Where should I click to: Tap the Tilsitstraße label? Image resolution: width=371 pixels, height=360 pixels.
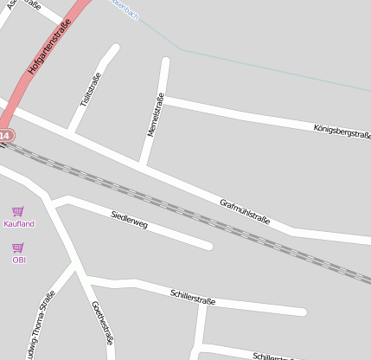tap(91, 90)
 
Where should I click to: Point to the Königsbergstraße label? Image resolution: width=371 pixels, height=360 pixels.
tap(342, 131)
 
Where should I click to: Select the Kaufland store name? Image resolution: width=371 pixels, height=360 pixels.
tap(19, 224)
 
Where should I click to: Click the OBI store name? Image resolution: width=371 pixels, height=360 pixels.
tap(19, 259)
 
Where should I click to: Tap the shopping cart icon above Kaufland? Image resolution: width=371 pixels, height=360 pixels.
tap(18, 211)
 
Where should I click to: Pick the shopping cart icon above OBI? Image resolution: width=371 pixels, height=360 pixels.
tap(18, 247)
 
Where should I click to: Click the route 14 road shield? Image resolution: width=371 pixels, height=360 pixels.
tap(5, 136)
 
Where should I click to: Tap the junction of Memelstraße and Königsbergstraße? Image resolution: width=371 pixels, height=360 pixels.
tap(162, 101)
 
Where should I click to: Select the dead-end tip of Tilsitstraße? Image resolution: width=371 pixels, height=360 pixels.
tap(114, 48)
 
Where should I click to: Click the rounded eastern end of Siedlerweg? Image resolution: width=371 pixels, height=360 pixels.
tap(208, 246)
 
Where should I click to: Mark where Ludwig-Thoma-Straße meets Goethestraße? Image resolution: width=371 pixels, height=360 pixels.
tap(79, 269)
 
